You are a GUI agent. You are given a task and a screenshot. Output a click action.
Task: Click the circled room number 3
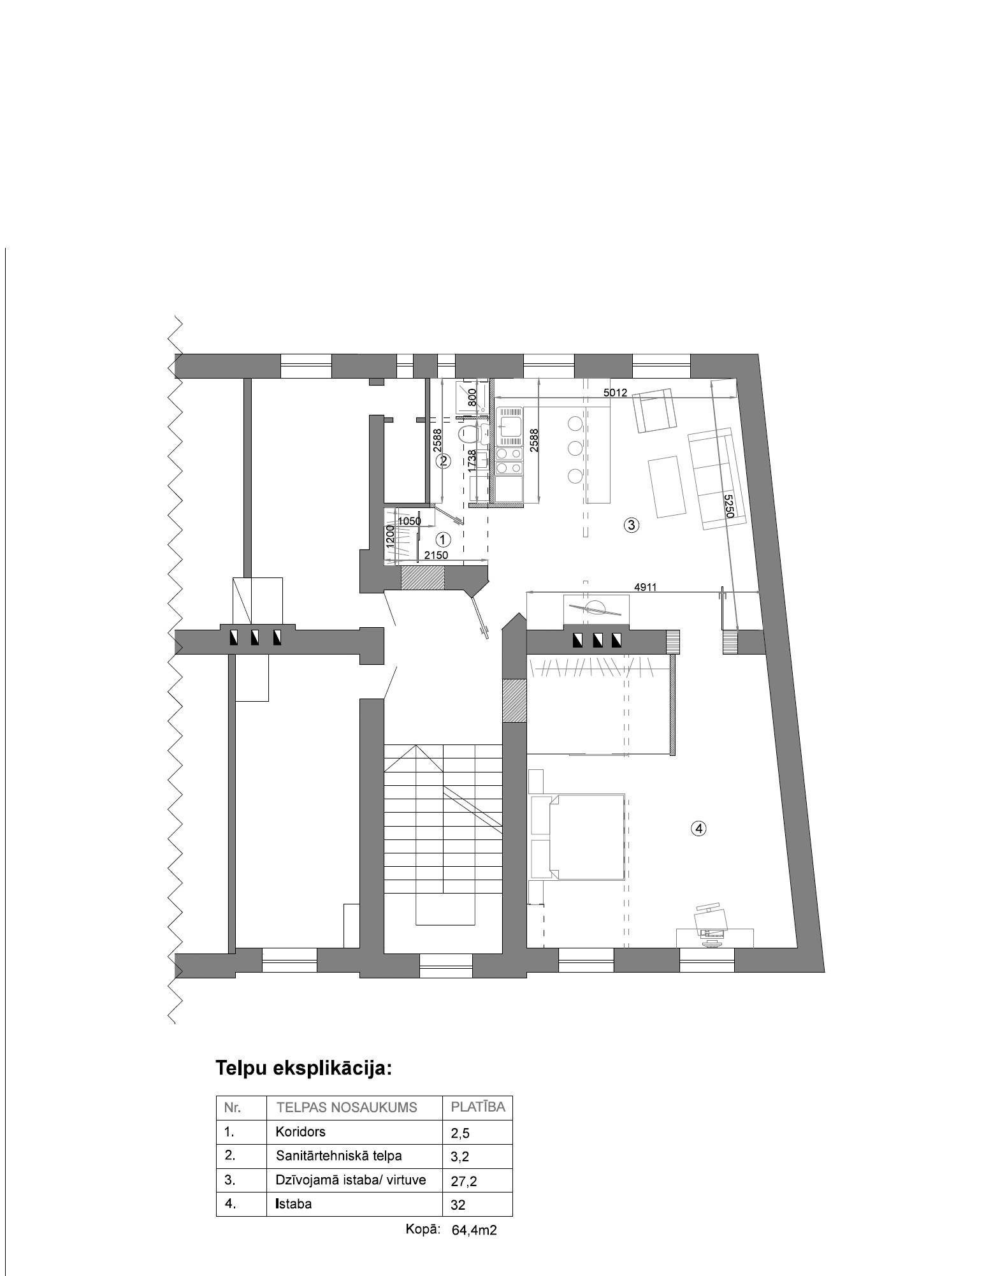tap(631, 525)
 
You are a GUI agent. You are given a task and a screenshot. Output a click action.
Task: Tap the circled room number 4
tap(699, 829)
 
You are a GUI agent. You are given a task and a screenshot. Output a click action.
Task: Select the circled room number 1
tap(444, 539)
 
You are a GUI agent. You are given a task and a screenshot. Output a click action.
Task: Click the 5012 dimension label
tap(615, 393)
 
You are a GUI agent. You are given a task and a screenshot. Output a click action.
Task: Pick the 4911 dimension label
tap(645, 587)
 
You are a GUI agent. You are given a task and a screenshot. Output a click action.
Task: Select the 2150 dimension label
tap(437, 555)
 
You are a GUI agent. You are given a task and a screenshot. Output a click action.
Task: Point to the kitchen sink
tap(510, 426)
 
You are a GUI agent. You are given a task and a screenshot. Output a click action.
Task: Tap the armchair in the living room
tap(654, 411)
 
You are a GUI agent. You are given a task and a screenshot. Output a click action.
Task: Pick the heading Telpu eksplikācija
tap(304, 1068)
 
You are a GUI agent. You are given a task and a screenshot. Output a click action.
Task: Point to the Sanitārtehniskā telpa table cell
tap(338, 1156)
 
